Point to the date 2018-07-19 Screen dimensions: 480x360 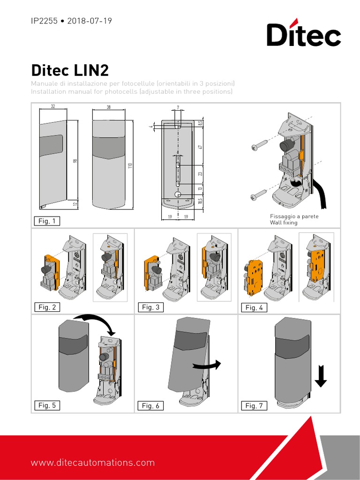coord(90,21)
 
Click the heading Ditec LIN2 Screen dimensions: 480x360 coord(70,70)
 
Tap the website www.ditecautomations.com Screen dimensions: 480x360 coord(93,463)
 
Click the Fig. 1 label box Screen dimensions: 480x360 coord(47,221)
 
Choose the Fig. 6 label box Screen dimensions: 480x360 coord(150,406)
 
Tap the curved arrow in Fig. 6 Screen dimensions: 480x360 coord(207,365)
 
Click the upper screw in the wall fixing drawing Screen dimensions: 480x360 coord(259,145)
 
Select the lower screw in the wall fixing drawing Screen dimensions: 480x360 coord(259,193)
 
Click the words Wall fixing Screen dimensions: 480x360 coord(284,223)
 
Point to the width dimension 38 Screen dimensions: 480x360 coord(109,107)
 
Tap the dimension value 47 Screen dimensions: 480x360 coord(200,147)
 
